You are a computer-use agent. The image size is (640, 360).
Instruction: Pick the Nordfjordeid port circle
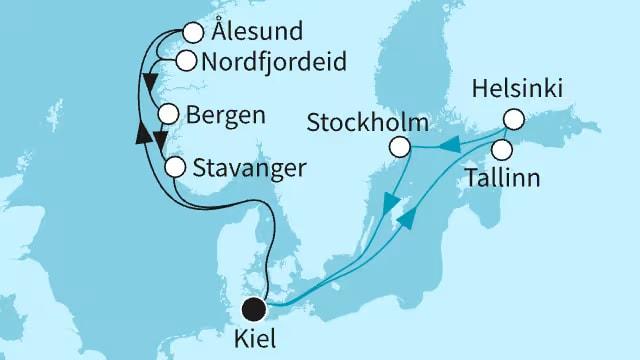click(x=185, y=61)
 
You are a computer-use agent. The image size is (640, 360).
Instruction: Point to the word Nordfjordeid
click(x=273, y=62)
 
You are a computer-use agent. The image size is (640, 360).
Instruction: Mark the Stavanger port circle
click(x=174, y=166)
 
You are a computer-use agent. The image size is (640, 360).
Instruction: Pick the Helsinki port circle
click(x=513, y=118)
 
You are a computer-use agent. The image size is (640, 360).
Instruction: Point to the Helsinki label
click(x=519, y=90)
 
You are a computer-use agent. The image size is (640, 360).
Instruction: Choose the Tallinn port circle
click(x=502, y=150)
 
